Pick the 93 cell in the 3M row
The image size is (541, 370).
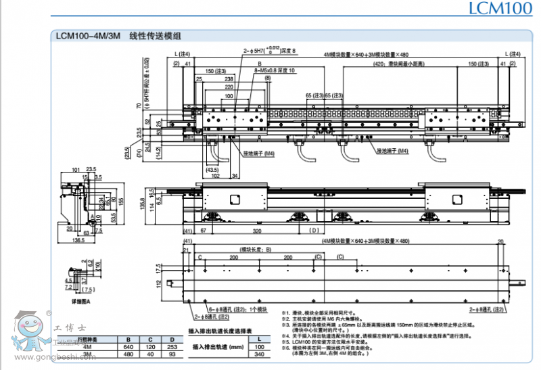point(172,354)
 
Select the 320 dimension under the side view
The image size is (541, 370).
point(257,231)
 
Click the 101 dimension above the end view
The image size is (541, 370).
point(74,169)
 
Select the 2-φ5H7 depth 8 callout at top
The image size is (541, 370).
point(270,51)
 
